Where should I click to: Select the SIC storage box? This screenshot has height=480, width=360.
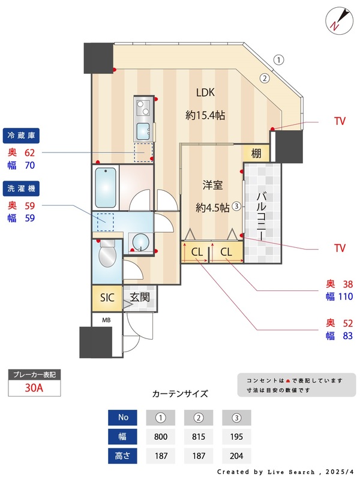click(x=107, y=297)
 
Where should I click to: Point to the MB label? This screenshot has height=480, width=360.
click(x=106, y=320)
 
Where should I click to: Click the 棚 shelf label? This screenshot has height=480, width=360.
click(x=256, y=153)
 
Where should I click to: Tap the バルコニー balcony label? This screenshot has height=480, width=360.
click(x=262, y=215)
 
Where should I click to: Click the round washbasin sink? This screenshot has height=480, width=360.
click(x=140, y=242)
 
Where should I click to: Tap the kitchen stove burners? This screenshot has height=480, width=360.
click(x=145, y=109)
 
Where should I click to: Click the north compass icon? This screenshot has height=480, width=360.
click(x=337, y=20)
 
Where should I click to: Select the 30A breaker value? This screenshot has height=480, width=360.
click(x=34, y=388)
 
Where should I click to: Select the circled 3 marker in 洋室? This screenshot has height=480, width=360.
click(x=237, y=205)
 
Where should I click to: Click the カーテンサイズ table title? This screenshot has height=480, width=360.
click(x=180, y=394)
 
